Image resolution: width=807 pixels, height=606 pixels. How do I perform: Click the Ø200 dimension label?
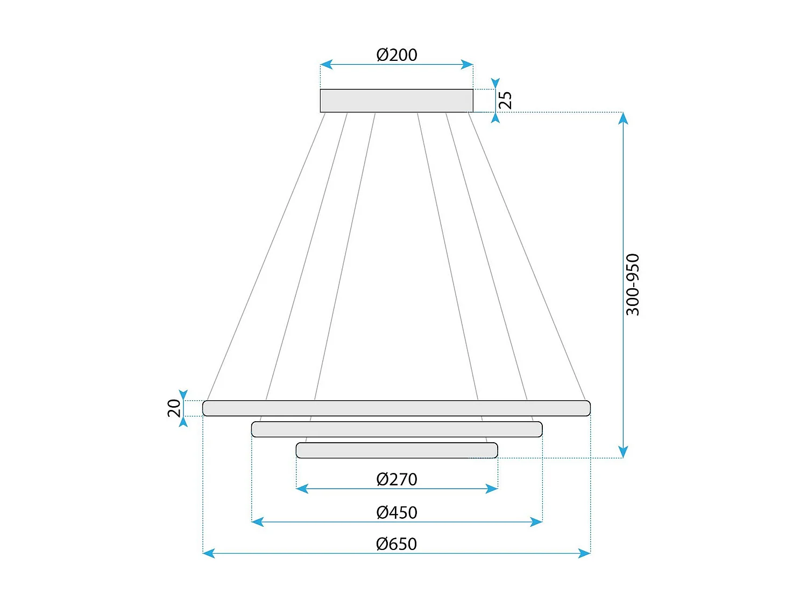397,55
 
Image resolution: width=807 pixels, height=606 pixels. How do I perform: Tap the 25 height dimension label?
505,100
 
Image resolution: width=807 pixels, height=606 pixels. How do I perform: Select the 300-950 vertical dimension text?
633,284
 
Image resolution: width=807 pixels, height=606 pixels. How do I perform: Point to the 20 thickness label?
174,408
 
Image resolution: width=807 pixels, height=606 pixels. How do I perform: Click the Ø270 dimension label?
397,479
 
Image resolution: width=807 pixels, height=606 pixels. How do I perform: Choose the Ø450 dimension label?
397,512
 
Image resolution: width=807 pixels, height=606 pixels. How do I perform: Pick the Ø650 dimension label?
397,544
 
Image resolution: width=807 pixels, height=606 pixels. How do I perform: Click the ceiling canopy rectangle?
397,101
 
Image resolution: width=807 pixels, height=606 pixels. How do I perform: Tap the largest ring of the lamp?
397,408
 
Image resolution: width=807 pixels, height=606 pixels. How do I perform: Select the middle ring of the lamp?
397,429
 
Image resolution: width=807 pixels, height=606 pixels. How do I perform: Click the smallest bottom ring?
397,450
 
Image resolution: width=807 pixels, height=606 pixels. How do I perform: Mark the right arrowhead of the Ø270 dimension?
492,489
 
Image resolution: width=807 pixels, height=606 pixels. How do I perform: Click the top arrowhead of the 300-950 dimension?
623,119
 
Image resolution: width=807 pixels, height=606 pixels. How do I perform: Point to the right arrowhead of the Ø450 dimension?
536,521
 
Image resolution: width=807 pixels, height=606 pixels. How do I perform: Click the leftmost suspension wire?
266,256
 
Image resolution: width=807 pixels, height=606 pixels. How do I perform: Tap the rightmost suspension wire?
527,256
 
